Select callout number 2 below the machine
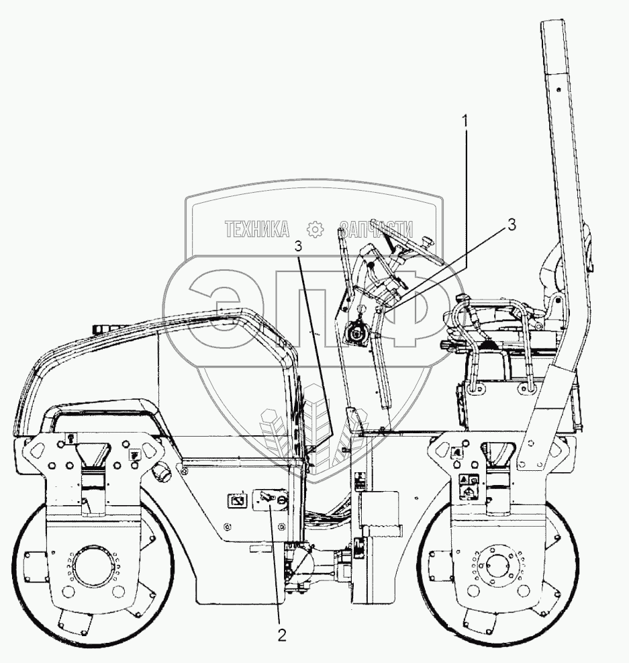tap(283, 635)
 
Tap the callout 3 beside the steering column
tap(512, 226)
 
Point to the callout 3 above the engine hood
tap(297, 247)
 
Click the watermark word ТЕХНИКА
tap(257, 229)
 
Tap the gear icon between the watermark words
tap(315, 229)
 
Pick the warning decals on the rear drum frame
tap(469, 485)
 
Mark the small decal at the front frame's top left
tap(69, 437)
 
